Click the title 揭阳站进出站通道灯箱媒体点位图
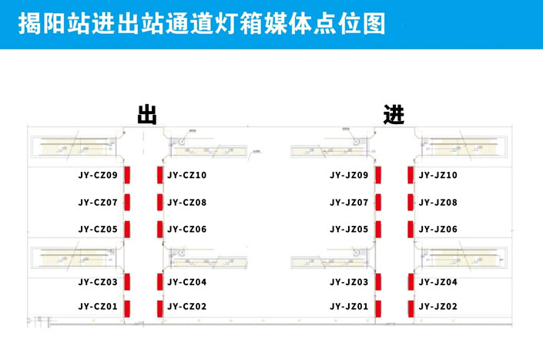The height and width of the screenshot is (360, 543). coord(202,24)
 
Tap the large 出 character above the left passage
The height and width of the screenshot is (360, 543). coord(147,114)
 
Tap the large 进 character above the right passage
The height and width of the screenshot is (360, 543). coord(394,114)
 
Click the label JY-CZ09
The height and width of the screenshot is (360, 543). coord(98,175)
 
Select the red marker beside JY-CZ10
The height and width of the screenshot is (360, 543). coord(160,175)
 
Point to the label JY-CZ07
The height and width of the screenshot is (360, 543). coord(98,202)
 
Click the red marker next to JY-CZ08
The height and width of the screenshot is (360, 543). coord(160,202)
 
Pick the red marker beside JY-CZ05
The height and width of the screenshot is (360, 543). coord(127,230)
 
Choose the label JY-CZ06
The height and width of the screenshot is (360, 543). coord(187,230)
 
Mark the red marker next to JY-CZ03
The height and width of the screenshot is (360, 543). coord(127,281)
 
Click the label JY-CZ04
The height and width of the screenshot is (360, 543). coord(187,282)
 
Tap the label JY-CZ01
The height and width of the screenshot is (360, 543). coord(98,307)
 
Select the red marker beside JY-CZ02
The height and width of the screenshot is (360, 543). coord(160,308)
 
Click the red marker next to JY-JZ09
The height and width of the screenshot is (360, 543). coord(378,175)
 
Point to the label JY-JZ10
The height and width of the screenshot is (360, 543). coord(438,175)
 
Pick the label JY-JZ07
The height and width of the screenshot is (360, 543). coord(349,202)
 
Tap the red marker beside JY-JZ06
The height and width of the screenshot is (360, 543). coord(411,230)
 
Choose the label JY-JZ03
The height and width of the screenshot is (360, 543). coord(349,282)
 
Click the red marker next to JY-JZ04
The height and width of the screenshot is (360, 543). coord(411,281)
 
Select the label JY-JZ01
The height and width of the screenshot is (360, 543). coord(349,307)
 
